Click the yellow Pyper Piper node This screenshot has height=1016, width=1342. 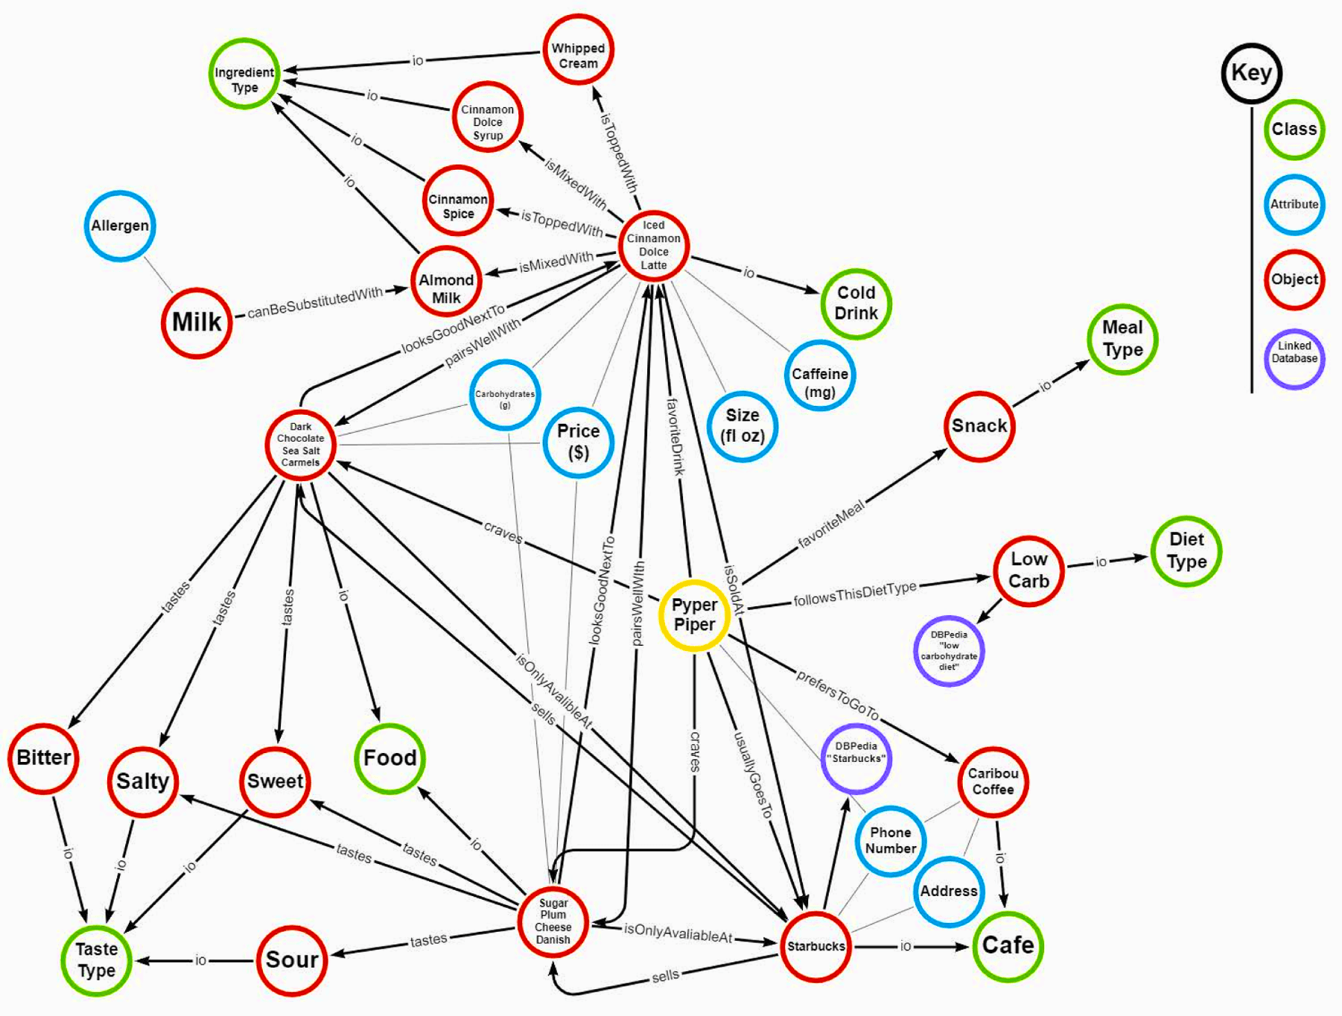click(694, 615)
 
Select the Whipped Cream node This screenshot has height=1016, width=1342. click(578, 50)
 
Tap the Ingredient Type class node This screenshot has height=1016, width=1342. click(244, 74)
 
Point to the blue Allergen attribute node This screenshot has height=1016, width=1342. click(120, 226)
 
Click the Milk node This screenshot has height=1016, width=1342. click(197, 323)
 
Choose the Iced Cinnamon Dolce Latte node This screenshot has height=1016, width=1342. click(654, 246)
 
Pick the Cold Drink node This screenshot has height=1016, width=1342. click(856, 303)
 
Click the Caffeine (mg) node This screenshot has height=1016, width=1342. click(819, 376)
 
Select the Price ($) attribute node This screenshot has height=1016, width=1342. click(578, 442)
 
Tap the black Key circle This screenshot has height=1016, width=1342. click(1251, 73)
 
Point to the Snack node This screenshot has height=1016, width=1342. click(979, 426)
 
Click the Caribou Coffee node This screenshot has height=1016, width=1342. click(993, 782)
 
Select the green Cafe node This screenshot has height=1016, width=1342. click(1008, 945)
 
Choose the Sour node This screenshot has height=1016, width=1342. click(292, 960)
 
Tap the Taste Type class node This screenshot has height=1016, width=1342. click(97, 960)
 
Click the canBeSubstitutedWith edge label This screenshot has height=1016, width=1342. click(315, 303)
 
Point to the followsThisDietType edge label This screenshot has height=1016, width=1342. click(855, 594)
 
